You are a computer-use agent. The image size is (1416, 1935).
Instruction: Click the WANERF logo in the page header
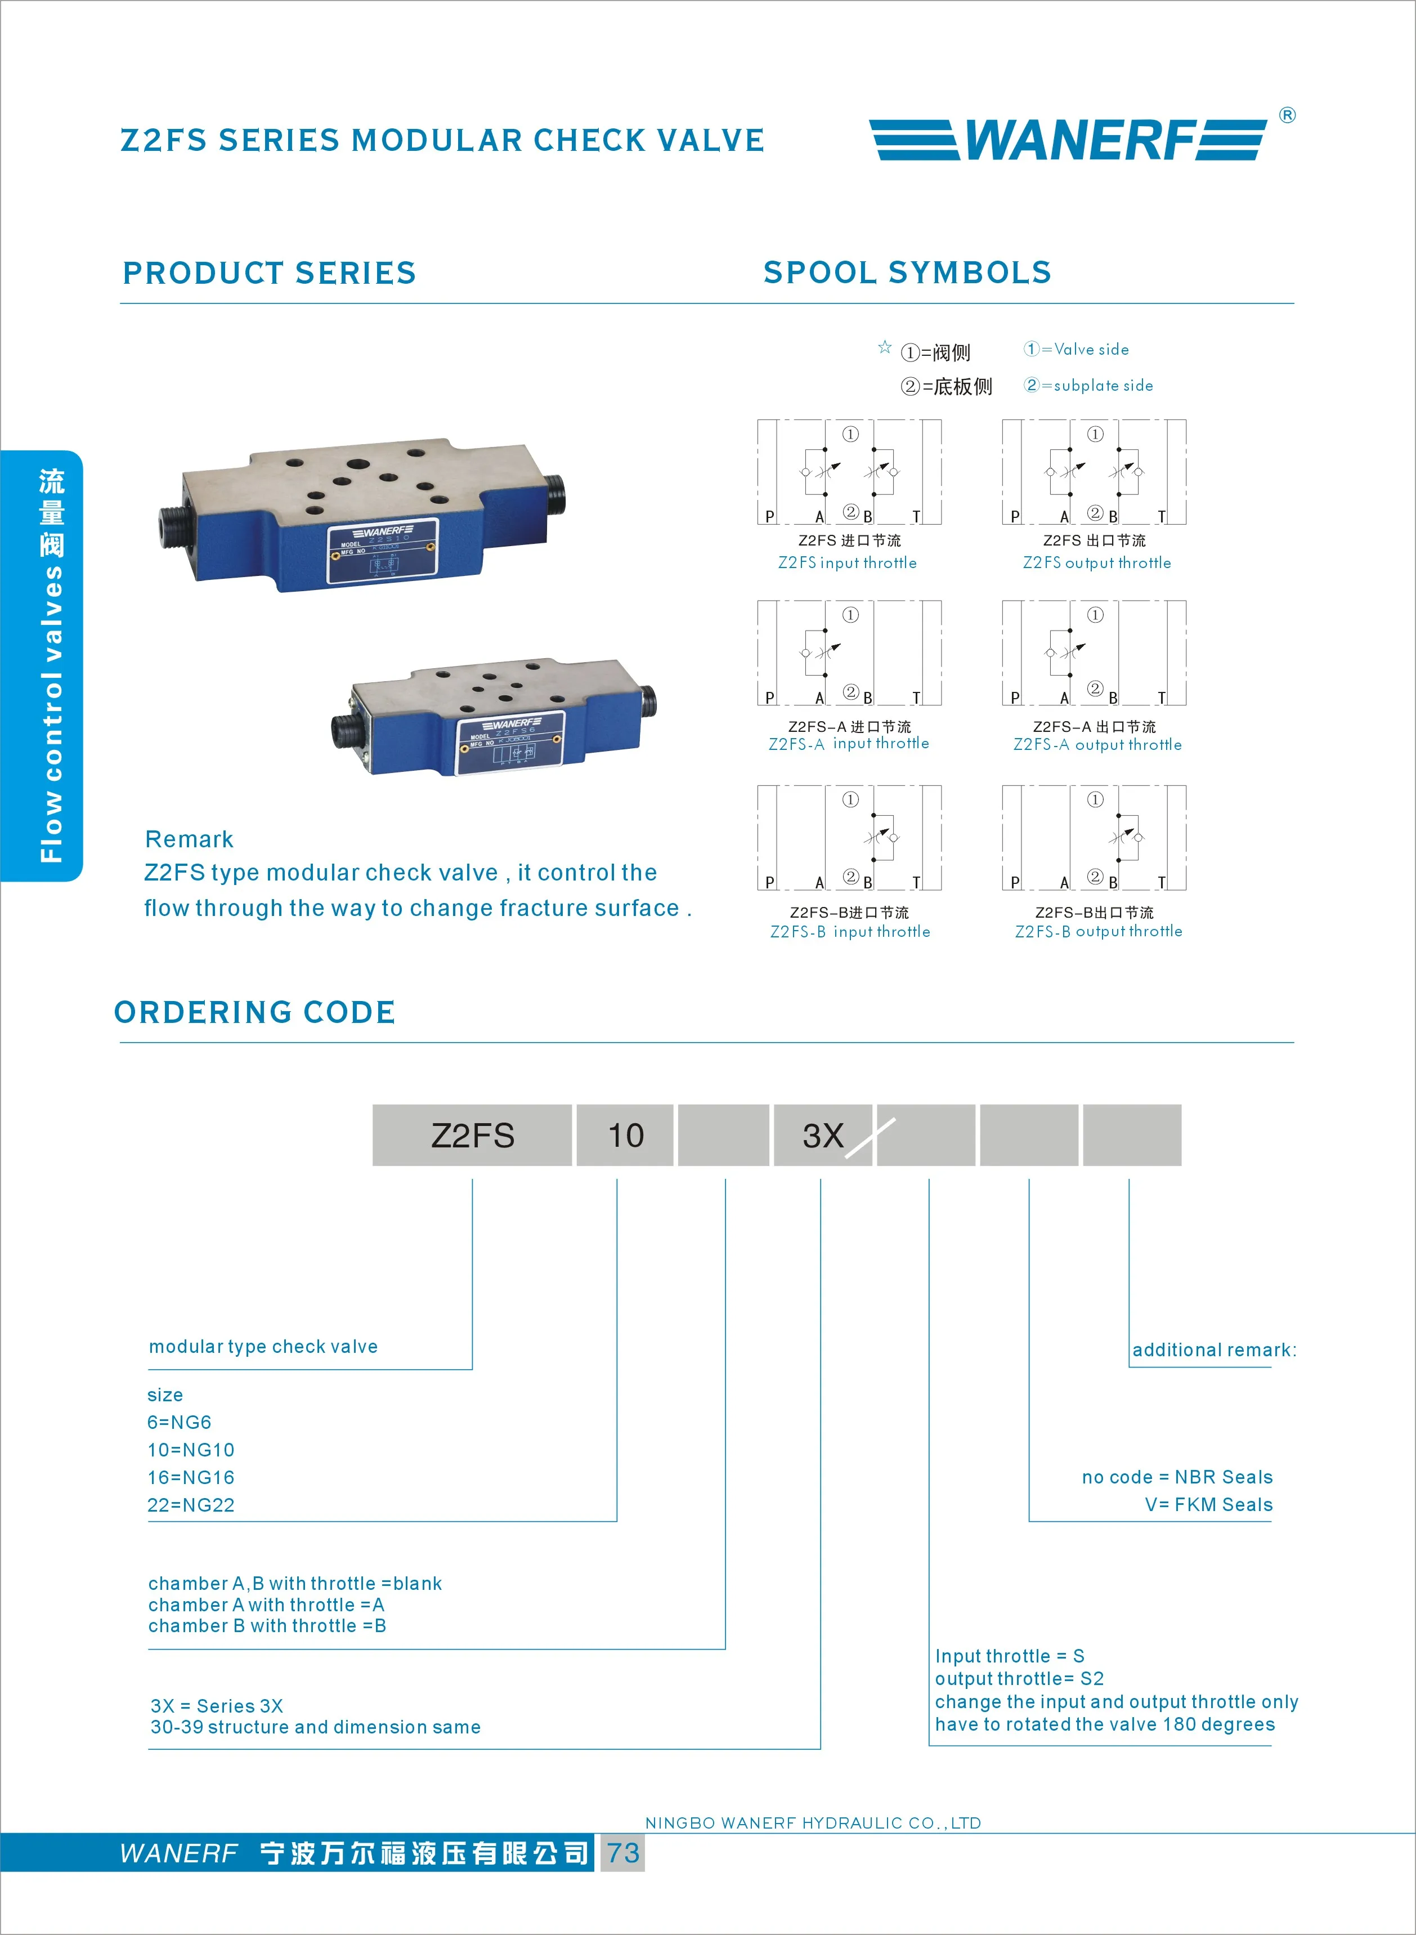pos(1068,140)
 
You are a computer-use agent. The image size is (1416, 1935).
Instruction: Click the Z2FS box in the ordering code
pos(472,1135)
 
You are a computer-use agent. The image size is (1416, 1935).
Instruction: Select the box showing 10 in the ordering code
pos(625,1135)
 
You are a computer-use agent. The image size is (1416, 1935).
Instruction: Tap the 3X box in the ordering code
pos(823,1135)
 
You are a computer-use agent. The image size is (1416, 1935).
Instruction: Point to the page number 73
pos(623,1853)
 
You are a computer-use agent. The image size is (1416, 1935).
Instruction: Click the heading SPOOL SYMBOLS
pos(907,272)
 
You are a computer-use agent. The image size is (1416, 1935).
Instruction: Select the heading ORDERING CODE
pos(254,1012)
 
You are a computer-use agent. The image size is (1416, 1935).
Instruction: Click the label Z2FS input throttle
pos(847,563)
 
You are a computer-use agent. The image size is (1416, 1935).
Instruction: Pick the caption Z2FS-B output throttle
pos(1098,931)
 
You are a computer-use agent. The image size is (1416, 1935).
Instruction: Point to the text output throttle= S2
pos(1019,1679)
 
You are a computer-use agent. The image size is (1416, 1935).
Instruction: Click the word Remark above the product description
pos(190,839)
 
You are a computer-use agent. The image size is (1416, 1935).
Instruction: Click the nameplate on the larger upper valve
pos(382,552)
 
